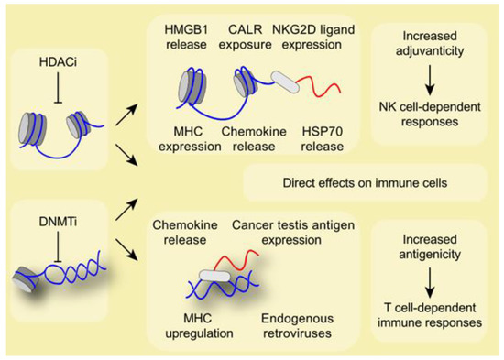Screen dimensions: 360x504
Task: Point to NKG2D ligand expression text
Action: [323, 38]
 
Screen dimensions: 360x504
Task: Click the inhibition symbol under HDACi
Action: [60, 88]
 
